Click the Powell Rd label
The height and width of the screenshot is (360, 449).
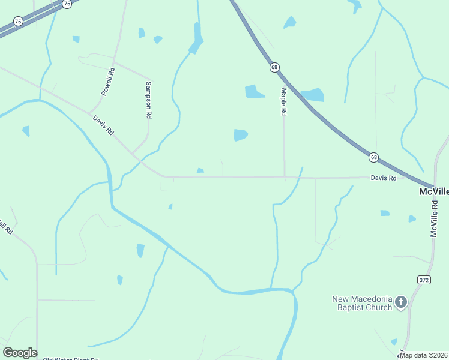coord(108,82)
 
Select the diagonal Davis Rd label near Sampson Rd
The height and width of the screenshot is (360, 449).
coord(103,125)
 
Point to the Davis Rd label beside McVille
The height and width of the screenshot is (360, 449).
coord(384,178)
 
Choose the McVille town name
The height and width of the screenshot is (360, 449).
coord(433,191)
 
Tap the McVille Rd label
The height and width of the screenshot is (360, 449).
coord(435,219)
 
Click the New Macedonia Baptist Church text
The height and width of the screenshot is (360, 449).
coord(363,303)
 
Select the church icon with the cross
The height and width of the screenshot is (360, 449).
coord(402,302)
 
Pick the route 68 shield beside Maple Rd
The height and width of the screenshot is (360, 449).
coord(274,68)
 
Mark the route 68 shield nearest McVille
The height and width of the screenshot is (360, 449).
coord(373,157)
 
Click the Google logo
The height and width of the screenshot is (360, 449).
coord(20,353)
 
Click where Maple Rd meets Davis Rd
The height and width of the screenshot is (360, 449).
coord(285,178)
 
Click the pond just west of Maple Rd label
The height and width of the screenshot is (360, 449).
coord(254,91)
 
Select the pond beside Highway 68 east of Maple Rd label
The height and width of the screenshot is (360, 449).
coord(313,94)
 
